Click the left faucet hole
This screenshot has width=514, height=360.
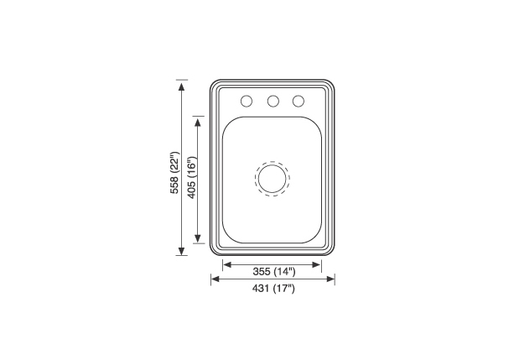pyautogui.click(x=247, y=101)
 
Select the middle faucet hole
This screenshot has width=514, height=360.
pyautogui.click(x=273, y=101)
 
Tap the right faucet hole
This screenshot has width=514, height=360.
pyautogui.click(x=299, y=101)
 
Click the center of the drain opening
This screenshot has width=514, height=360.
pyautogui.click(x=272, y=179)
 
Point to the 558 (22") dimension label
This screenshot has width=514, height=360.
pyautogui.click(x=174, y=173)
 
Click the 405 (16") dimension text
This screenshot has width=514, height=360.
pyautogui.click(x=191, y=178)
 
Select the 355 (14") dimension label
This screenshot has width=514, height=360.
pyautogui.click(x=274, y=271)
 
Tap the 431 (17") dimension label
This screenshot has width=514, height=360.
pyautogui.click(x=273, y=288)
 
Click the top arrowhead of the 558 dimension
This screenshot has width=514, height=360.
pyautogui.click(x=181, y=86)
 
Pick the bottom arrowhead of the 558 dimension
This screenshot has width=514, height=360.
pyautogui.click(x=181, y=251)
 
